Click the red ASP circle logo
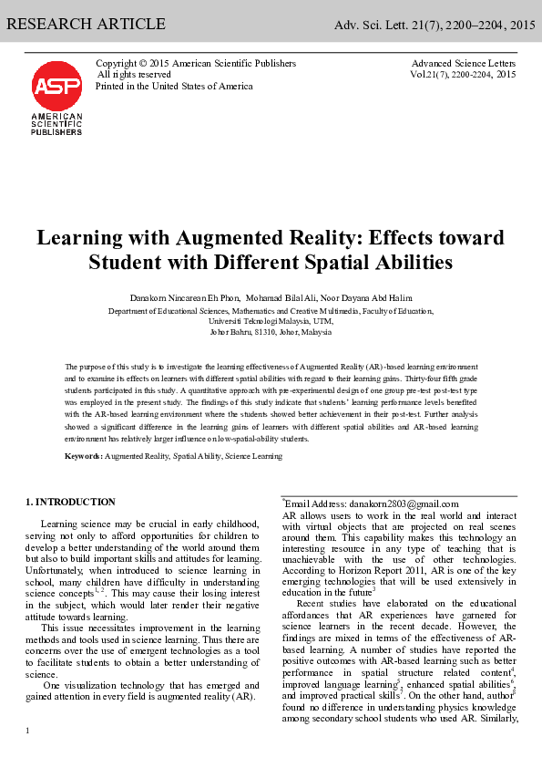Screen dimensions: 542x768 click(56, 87)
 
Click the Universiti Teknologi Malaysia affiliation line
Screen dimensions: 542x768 click(271, 321)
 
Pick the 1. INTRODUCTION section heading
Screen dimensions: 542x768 click(71, 502)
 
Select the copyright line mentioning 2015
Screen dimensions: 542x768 click(196, 63)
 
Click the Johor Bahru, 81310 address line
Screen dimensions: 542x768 click(271, 332)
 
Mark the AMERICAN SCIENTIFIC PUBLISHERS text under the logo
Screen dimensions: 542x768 click(56, 124)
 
